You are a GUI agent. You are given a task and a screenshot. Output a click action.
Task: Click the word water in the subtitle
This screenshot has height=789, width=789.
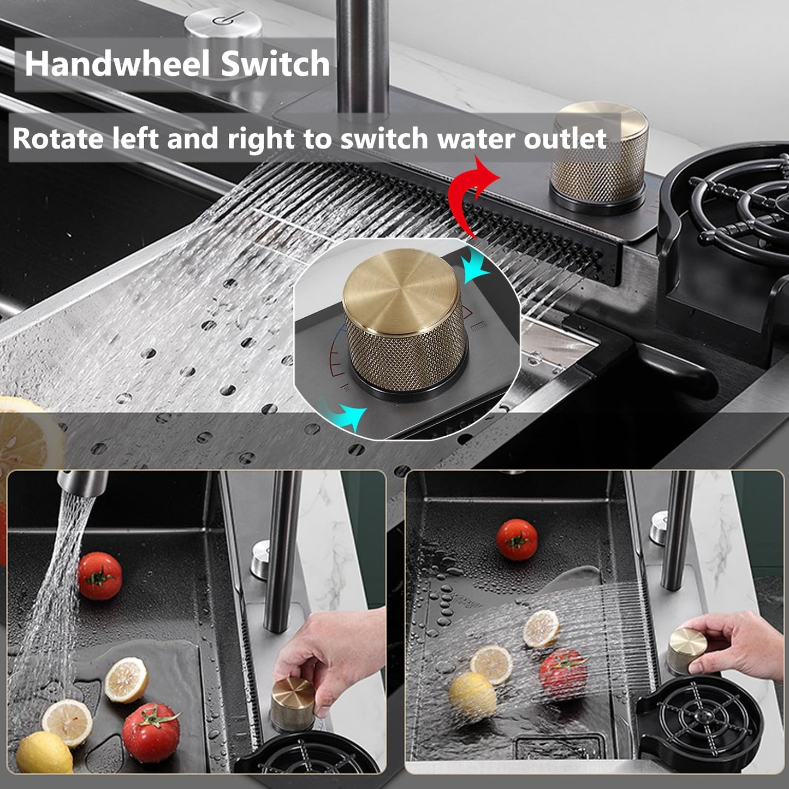[x=476, y=139]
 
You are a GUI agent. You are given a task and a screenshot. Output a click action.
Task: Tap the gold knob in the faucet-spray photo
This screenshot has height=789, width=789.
[x=292, y=703]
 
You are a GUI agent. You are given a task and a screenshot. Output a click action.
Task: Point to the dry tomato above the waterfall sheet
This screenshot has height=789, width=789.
[x=517, y=539]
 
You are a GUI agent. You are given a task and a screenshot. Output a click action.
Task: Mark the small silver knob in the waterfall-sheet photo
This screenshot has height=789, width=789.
[x=659, y=527]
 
